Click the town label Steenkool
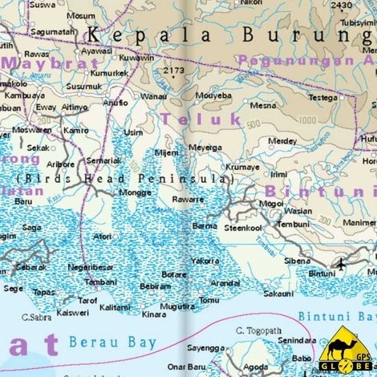[x=243, y=228]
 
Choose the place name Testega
[x=323, y=98]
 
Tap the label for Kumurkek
[x=109, y=73]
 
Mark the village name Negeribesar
[x=91, y=267]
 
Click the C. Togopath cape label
[x=258, y=330]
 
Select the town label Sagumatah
[x=53, y=32]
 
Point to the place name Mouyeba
[x=213, y=95]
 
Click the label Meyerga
[x=205, y=148]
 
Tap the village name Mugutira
[x=177, y=306]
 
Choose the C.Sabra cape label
[x=37, y=317]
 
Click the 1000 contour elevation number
[x=306, y=120]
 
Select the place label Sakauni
[x=278, y=294]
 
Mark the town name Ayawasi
[x=97, y=50]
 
